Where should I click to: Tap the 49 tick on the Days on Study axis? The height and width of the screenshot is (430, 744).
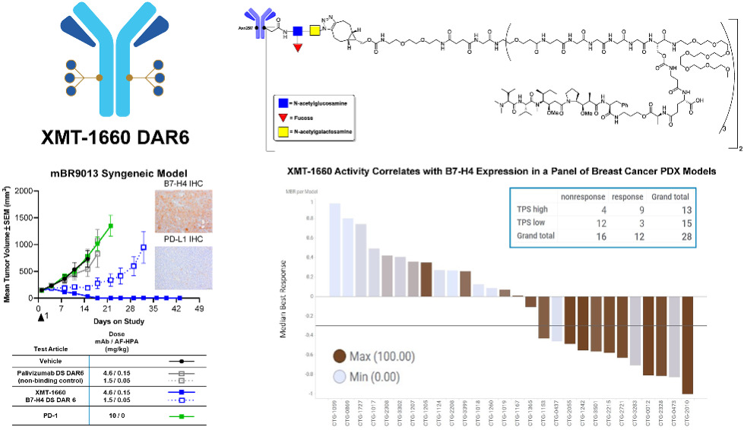(x=199, y=311)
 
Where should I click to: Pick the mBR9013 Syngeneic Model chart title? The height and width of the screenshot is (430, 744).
(x=119, y=174)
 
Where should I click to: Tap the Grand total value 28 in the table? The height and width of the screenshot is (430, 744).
(x=685, y=236)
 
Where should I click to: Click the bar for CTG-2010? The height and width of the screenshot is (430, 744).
(x=688, y=345)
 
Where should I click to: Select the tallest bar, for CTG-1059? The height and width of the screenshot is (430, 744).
(x=334, y=249)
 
